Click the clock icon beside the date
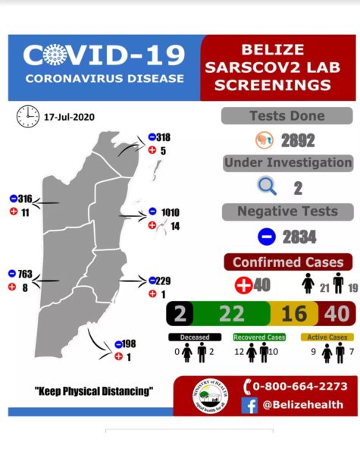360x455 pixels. point(28,115)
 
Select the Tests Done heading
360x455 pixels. point(287,116)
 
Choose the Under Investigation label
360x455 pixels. point(287,163)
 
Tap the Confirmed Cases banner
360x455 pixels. point(287,262)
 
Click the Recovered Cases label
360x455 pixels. point(255,336)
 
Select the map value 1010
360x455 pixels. point(171,212)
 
